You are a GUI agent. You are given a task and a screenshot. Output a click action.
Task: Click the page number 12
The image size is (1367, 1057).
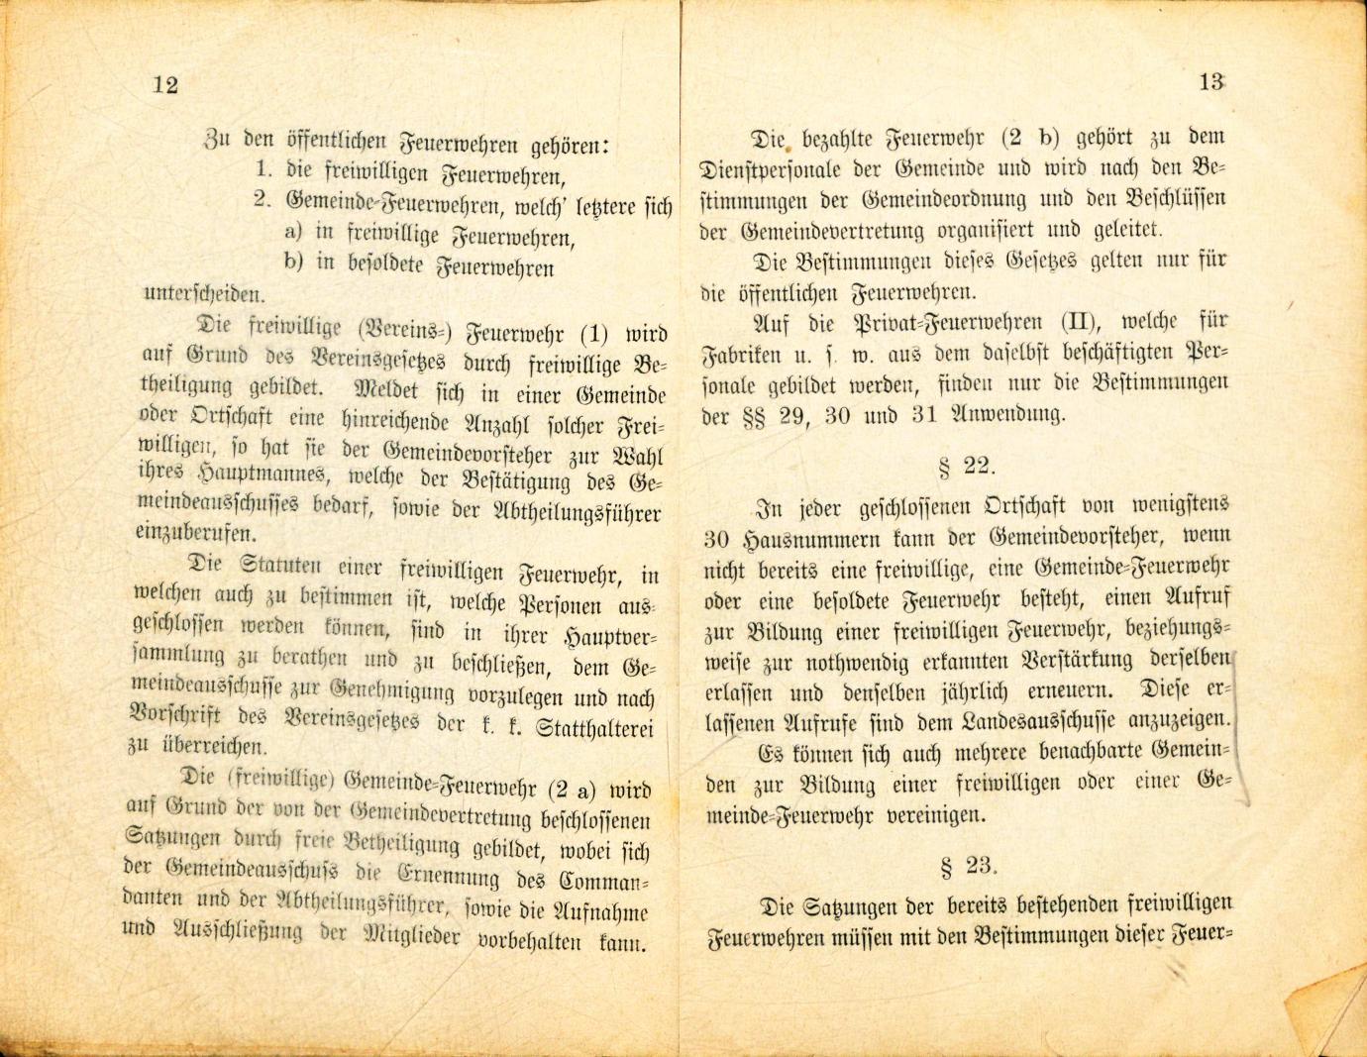point(165,85)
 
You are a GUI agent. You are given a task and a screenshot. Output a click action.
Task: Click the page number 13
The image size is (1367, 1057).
point(1210,82)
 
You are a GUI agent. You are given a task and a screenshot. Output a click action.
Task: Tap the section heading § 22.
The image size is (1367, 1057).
point(965,466)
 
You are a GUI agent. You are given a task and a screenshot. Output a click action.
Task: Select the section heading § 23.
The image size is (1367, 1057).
point(966,866)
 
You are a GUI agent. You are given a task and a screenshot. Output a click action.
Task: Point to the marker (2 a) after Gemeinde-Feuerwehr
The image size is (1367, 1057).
point(572,790)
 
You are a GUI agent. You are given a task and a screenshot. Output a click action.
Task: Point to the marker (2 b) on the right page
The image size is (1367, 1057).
point(1040,137)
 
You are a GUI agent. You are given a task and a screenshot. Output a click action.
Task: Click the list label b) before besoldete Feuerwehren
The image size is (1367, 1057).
point(292,264)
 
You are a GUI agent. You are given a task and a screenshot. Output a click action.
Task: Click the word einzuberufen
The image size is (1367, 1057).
point(195,534)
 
